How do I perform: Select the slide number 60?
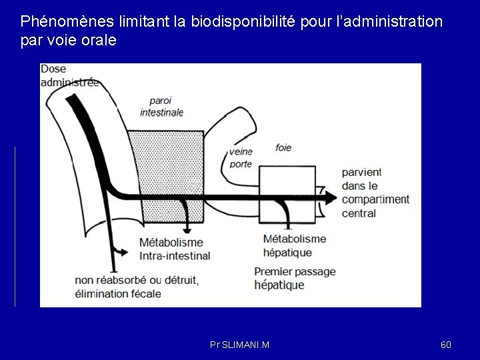[x=446, y=345]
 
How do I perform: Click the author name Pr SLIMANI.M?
[x=239, y=345]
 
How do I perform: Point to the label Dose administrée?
[x=69, y=76]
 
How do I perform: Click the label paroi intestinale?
[x=161, y=106]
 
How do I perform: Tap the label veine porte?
[x=241, y=157]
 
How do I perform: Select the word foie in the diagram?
[x=283, y=147]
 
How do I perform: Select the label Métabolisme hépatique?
[x=295, y=245]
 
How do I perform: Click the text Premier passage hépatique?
[x=295, y=278]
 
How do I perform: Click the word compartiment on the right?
[x=375, y=199]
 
